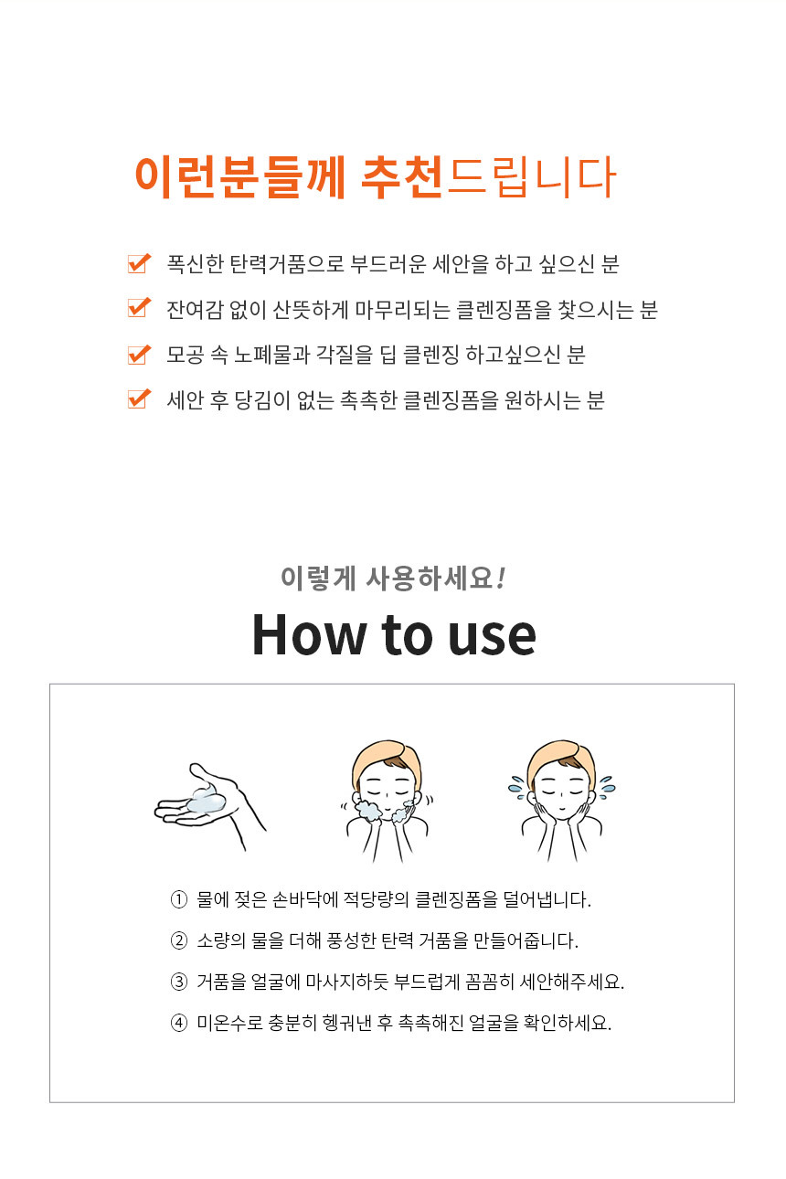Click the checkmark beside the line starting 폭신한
point(139,263)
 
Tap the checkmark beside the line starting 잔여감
point(139,308)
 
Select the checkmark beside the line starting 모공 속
point(139,355)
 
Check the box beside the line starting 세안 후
point(139,399)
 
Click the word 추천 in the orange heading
point(402,177)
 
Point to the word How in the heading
point(309,635)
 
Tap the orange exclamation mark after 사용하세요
point(501,578)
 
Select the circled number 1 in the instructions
point(179,899)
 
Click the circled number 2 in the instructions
point(179,940)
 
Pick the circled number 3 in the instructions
point(179,982)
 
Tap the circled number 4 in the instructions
point(179,1023)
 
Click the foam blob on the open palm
point(207,800)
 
